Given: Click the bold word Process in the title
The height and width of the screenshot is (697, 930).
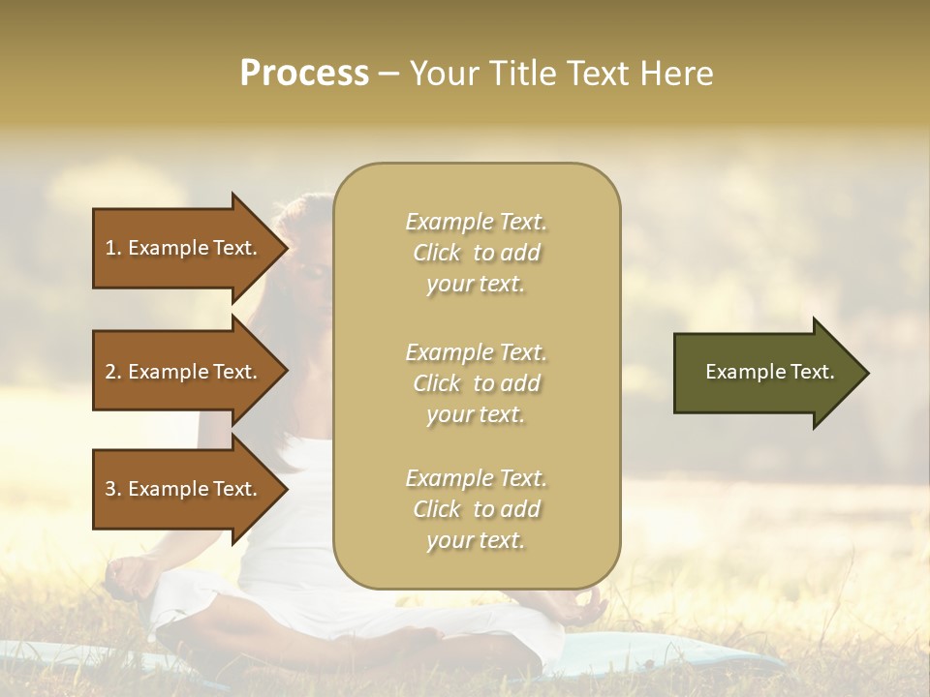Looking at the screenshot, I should (x=304, y=74).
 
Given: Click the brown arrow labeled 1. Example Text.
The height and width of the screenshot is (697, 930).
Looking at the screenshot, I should (x=184, y=248).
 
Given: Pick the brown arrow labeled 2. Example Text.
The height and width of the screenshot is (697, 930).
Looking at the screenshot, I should (x=184, y=372).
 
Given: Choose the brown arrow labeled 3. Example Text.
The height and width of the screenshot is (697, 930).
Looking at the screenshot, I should (x=184, y=489).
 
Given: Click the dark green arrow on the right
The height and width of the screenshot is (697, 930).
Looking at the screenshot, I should (x=765, y=372).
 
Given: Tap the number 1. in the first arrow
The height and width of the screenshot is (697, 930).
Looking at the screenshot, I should (x=113, y=248).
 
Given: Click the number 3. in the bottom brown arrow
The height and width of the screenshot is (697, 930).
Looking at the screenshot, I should (x=113, y=489).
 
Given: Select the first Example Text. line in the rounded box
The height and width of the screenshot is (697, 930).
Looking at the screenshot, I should (x=477, y=222).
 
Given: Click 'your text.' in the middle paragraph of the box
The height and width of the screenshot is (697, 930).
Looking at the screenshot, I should (x=476, y=414).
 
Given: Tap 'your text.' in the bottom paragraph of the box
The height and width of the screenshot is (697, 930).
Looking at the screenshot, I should (x=476, y=540).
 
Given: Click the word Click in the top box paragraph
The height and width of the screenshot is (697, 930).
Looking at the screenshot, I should (x=437, y=253).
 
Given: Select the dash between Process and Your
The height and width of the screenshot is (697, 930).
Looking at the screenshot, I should (x=389, y=74).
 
